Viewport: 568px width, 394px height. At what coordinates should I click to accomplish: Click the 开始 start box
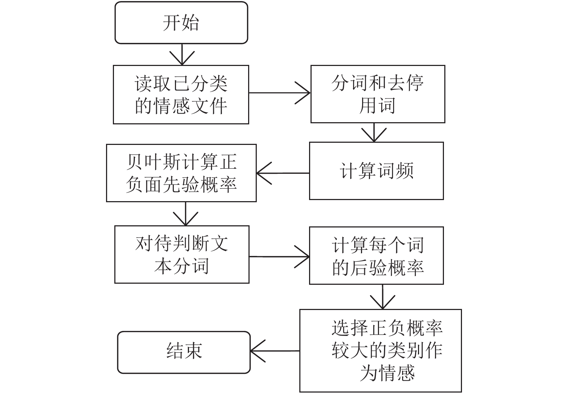click(181, 23)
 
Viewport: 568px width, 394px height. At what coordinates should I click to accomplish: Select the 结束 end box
click(184, 352)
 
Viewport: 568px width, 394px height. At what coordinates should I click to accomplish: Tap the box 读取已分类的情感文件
click(181, 94)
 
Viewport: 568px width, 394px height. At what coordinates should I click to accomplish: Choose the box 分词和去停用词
click(378, 94)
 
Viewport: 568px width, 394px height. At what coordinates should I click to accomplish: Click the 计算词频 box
click(377, 171)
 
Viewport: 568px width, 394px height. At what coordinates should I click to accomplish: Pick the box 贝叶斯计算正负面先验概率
click(181, 173)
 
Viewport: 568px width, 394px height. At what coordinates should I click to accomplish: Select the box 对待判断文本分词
click(182, 254)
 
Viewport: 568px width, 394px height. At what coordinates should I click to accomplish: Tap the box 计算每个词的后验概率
click(377, 256)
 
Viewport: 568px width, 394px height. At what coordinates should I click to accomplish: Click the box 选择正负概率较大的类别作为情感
click(380, 351)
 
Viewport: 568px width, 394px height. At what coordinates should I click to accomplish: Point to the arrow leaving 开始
click(182, 54)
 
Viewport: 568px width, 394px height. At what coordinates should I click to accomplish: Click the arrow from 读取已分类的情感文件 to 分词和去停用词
click(280, 93)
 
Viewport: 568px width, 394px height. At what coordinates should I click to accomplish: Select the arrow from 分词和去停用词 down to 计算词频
click(374, 132)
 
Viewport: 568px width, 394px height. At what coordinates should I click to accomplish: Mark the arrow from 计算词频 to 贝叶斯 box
click(283, 173)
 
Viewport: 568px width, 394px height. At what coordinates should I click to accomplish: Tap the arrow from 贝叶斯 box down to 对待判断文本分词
click(186, 214)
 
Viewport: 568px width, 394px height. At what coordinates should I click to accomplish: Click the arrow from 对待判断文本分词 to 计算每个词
click(279, 257)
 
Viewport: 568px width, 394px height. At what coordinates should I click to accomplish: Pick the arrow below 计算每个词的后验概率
click(383, 297)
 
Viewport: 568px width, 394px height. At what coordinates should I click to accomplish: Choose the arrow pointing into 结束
click(275, 351)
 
